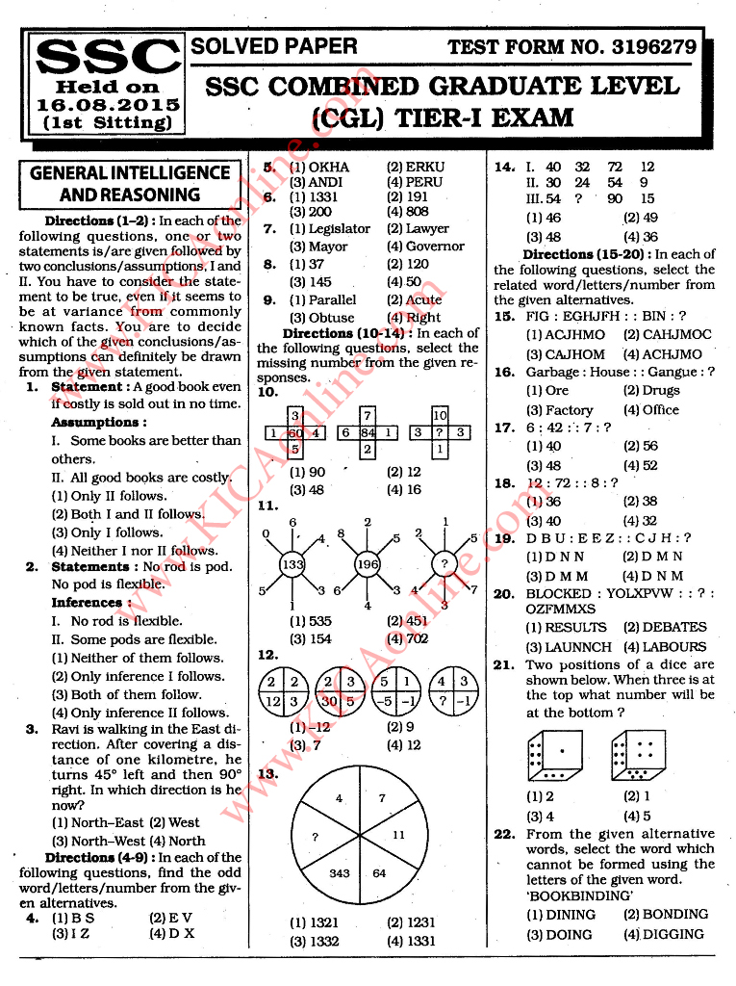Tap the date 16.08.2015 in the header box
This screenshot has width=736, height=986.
(x=108, y=104)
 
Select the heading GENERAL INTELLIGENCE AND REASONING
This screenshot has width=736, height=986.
(x=130, y=184)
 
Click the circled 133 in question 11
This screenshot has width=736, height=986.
(x=292, y=564)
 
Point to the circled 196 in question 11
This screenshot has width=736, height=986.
(x=368, y=564)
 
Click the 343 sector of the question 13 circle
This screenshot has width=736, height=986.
(x=340, y=872)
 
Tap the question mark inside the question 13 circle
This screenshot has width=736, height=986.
(x=315, y=837)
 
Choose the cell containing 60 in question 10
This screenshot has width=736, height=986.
(x=295, y=432)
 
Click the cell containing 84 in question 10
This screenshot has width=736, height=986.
(x=368, y=432)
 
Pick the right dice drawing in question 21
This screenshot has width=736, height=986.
(x=638, y=755)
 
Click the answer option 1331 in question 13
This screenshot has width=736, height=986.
(x=419, y=942)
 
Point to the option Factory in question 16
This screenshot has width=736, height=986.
(x=569, y=410)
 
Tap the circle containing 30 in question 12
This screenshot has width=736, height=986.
(x=340, y=689)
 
